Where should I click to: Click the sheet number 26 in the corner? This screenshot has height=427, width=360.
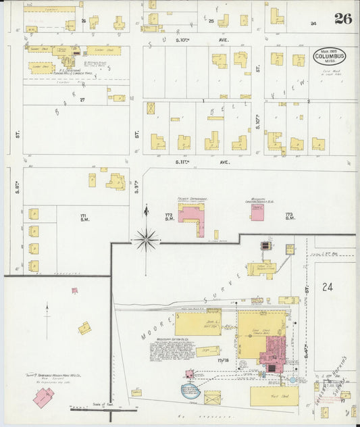click(x=343, y=19)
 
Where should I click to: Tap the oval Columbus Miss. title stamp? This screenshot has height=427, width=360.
click(x=329, y=56)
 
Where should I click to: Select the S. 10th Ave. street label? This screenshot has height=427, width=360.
click(x=203, y=40)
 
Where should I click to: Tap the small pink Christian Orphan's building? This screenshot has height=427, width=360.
click(x=257, y=212)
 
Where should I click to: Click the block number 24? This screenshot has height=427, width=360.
click(x=328, y=286)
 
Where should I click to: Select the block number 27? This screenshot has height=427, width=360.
click(x=83, y=99)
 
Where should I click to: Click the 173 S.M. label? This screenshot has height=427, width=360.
click(x=290, y=216)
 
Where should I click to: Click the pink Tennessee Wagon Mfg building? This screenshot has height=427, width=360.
click(x=43, y=397)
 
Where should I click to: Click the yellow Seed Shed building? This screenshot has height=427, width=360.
click(x=199, y=323)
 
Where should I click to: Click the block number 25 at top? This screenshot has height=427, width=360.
click(x=211, y=21)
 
